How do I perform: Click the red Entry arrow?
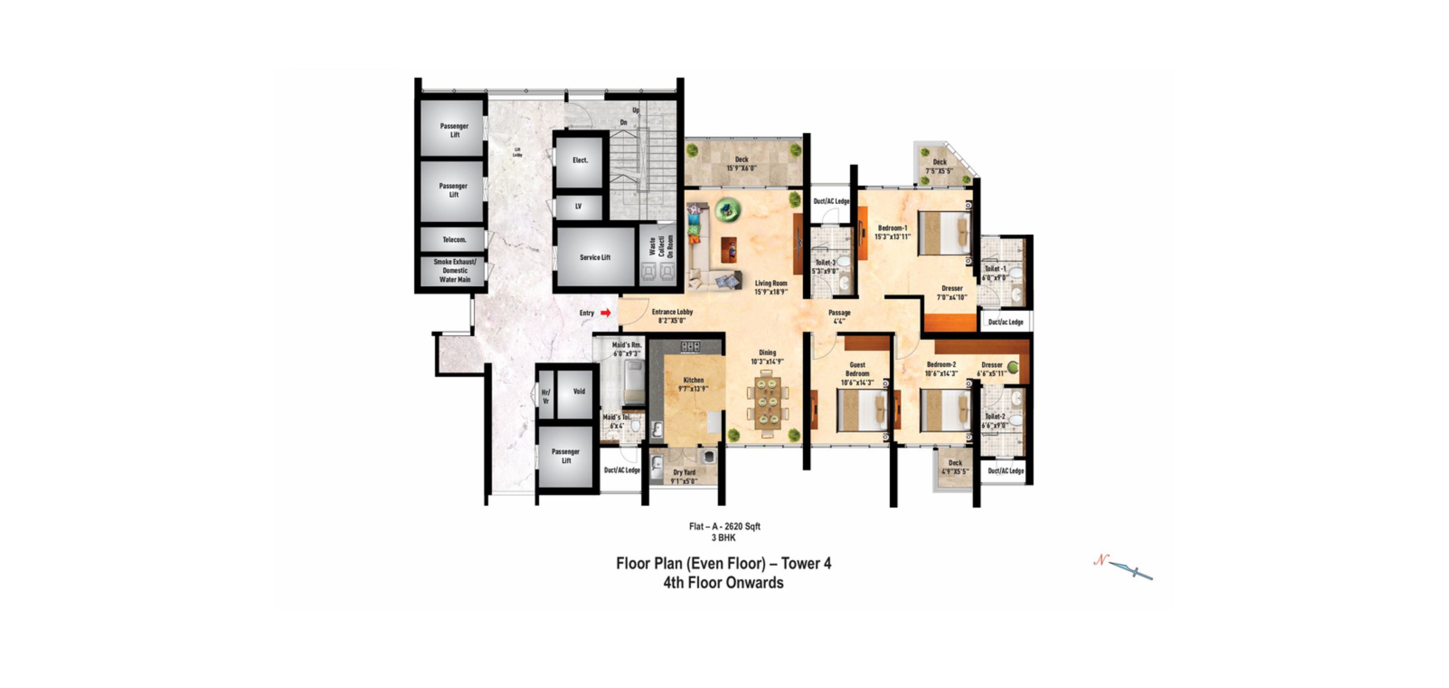605,313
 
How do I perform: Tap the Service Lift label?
595,257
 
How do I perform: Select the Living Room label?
771,287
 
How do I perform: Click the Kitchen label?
693,384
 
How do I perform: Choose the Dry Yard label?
684,476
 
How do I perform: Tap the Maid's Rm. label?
627,349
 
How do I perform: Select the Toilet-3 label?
825,266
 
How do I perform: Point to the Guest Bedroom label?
857,373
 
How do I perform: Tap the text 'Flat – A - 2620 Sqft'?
725,526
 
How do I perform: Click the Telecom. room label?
454,240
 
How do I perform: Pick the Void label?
579,391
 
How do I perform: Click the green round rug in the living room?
728,210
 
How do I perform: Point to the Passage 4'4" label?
839,316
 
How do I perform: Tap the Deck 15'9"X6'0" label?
741,163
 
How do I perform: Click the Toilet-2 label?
994,420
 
